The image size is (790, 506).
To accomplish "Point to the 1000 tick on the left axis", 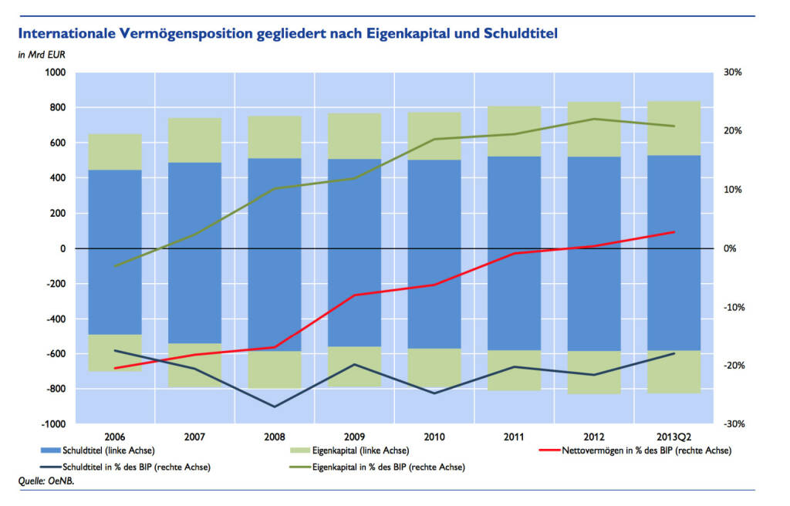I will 55,73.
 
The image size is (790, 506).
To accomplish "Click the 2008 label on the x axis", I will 275,437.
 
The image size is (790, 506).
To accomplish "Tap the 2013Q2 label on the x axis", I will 674,437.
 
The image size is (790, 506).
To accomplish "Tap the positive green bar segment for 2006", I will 115,152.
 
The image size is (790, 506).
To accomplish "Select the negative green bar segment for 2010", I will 434,367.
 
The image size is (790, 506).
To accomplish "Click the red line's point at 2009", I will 355,295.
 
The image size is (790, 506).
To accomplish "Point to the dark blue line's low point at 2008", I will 275,406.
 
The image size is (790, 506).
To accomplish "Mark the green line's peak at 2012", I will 594,119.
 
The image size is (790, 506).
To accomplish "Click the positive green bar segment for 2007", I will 195,140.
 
